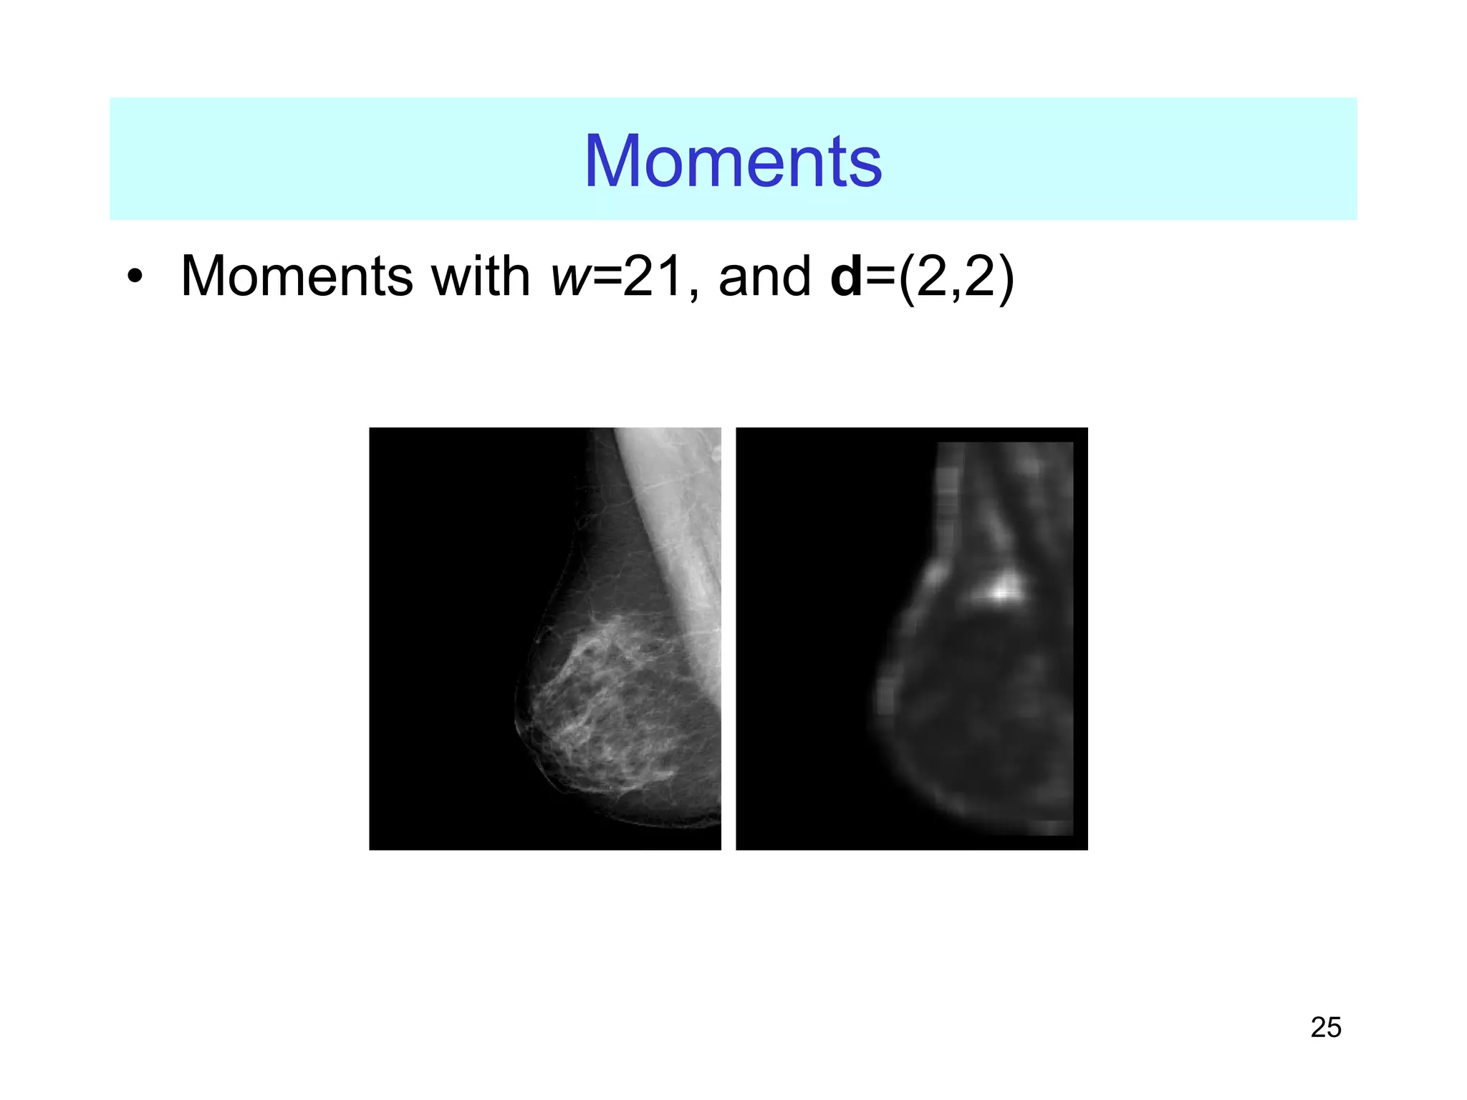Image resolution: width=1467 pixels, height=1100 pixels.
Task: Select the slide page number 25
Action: [1325, 1028]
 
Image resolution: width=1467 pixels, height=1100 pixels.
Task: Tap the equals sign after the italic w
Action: [607, 278]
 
